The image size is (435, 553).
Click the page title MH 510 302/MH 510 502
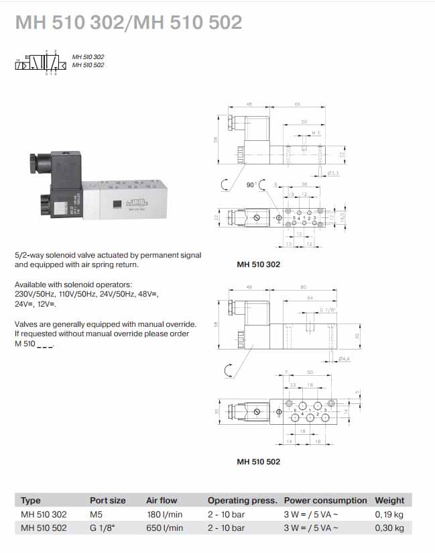pyautogui.click(x=128, y=23)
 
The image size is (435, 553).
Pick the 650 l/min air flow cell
pyautogui.click(x=164, y=528)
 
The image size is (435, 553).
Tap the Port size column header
pyautogui.click(x=108, y=500)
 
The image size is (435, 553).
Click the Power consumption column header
pyautogui.click(x=325, y=500)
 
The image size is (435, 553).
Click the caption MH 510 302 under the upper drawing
pyautogui.click(x=258, y=264)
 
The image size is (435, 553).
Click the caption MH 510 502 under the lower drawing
pyautogui.click(x=258, y=462)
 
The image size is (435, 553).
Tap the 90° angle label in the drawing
pyautogui.click(x=251, y=183)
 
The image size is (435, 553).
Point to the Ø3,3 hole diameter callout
pyautogui.click(x=332, y=172)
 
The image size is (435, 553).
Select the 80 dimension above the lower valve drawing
pyautogui.click(x=303, y=288)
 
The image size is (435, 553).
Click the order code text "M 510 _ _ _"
pyautogui.click(x=34, y=344)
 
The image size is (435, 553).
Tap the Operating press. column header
pyautogui.click(x=242, y=500)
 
